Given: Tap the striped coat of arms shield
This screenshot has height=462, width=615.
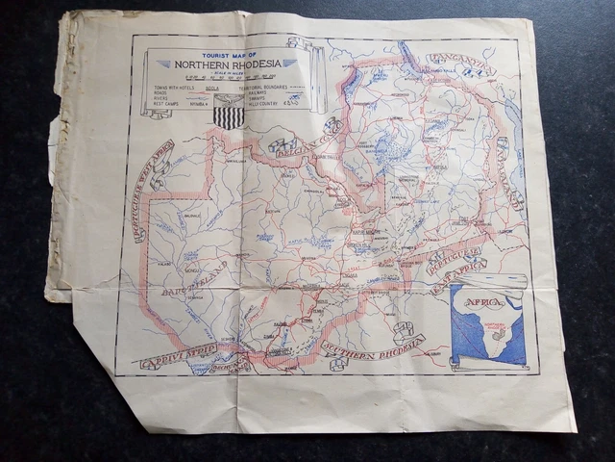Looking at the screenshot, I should tap(229, 116).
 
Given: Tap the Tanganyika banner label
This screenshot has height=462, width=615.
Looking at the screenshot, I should tap(459, 62).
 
